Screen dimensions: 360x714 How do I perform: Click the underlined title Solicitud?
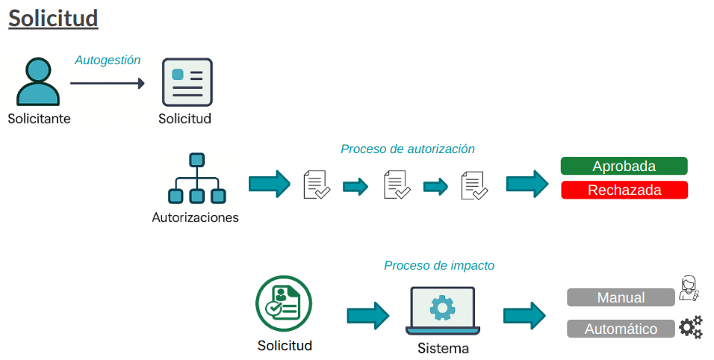pos(53,18)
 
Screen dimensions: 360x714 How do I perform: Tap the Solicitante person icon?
pos(37,82)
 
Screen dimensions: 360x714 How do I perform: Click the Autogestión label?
pos(108,60)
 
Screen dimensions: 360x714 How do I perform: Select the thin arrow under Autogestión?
pos(108,84)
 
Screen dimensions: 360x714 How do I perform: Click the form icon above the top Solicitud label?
pos(187,82)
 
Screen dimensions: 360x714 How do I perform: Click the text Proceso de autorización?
pos(408,149)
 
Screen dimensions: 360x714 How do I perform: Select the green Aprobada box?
pos(624,166)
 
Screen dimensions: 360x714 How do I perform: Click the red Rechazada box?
pos(624,190)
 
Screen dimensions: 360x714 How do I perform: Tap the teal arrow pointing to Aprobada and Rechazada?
pos(527,184)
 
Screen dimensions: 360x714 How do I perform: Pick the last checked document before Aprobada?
pos(474,184)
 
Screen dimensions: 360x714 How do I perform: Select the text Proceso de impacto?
pos(439,265)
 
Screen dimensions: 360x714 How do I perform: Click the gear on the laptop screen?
pos(443,307)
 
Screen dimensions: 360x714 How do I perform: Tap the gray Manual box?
pos(621,297)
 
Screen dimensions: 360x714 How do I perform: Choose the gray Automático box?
pos(621,329)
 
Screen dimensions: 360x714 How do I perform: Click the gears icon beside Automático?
pos(691,327)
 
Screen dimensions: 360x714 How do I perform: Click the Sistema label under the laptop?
pos(443,349)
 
